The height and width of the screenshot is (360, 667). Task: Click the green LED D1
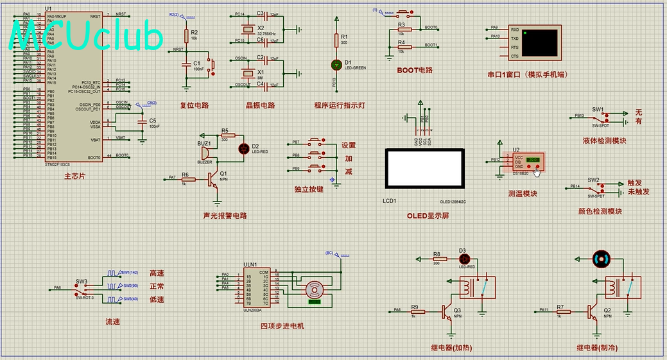click(x=336, y=64)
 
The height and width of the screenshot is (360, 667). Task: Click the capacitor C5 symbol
click(x=142, y=121)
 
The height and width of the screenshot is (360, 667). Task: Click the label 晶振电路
click(x=260, y=105)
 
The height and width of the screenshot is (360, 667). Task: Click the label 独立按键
click(x=308, y=189)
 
